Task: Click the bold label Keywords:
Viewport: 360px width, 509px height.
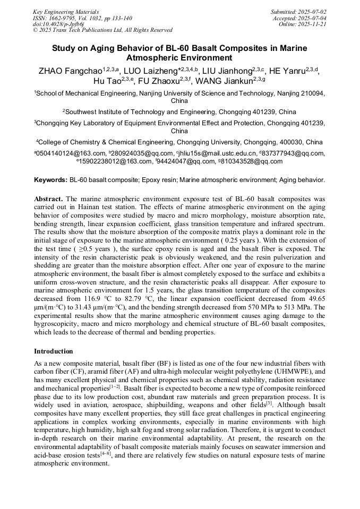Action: tap(50, 180)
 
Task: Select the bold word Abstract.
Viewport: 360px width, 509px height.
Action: tap(49, 198)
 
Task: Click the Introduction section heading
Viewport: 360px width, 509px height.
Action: tap(54, 351)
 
